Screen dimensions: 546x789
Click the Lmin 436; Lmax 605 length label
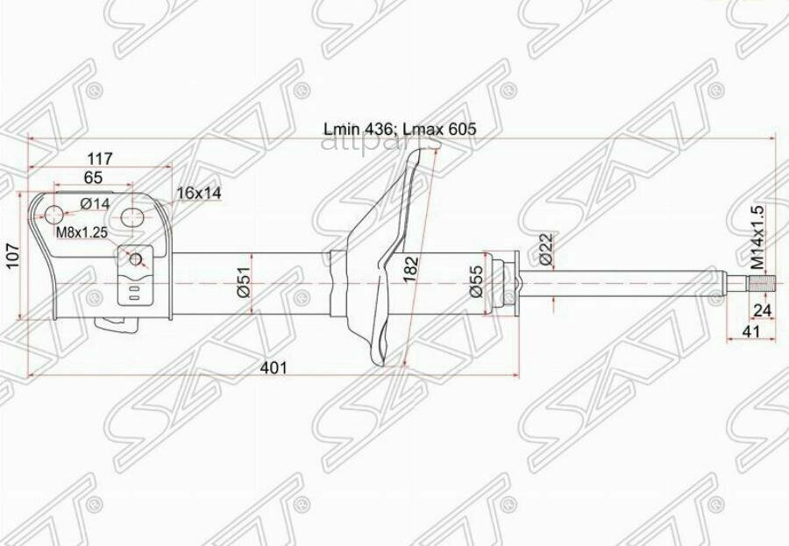(x=400, y=129)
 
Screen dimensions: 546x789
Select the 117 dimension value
(x=100, y=159)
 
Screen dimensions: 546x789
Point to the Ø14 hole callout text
(x=94, y=203)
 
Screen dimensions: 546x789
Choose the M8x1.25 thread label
(x=82, y=232)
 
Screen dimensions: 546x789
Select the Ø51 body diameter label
(x=245, y=282)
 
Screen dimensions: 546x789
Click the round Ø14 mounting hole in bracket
(x=53, y=214)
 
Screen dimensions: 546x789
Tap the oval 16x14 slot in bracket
(x=132, y=216)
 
